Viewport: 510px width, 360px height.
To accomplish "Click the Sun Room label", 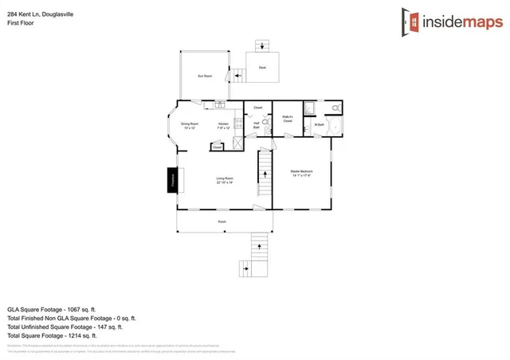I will pos(205,76).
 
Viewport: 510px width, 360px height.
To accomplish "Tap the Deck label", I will pos(262,67).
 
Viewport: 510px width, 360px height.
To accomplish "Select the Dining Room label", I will pos(189,125).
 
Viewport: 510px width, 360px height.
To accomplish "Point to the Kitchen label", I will pos(225,125).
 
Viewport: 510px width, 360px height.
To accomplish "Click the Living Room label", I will pos(224,180).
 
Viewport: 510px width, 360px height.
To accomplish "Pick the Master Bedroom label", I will pos(301,174).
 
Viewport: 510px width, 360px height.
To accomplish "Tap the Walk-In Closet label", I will pos(288,119).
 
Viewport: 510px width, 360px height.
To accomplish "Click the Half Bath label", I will pos(257,125).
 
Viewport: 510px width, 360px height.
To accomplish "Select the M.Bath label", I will pos(319,124).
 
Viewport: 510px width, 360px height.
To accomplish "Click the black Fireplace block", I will pos(171,180).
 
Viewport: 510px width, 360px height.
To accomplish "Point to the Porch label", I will pos(222,221).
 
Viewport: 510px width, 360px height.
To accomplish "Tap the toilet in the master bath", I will pos(336,107).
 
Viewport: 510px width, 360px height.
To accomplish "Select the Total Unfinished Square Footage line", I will pos(65,326).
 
